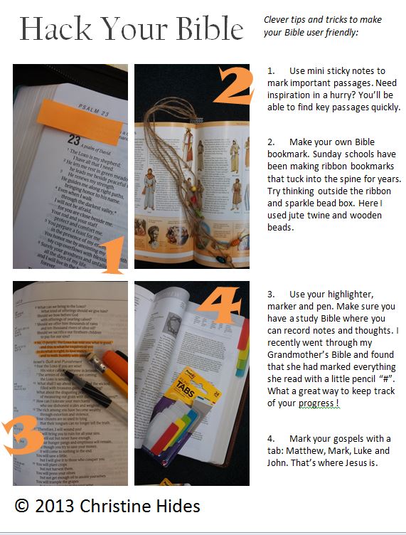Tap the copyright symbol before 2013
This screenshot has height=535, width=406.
tap(23, 506)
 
